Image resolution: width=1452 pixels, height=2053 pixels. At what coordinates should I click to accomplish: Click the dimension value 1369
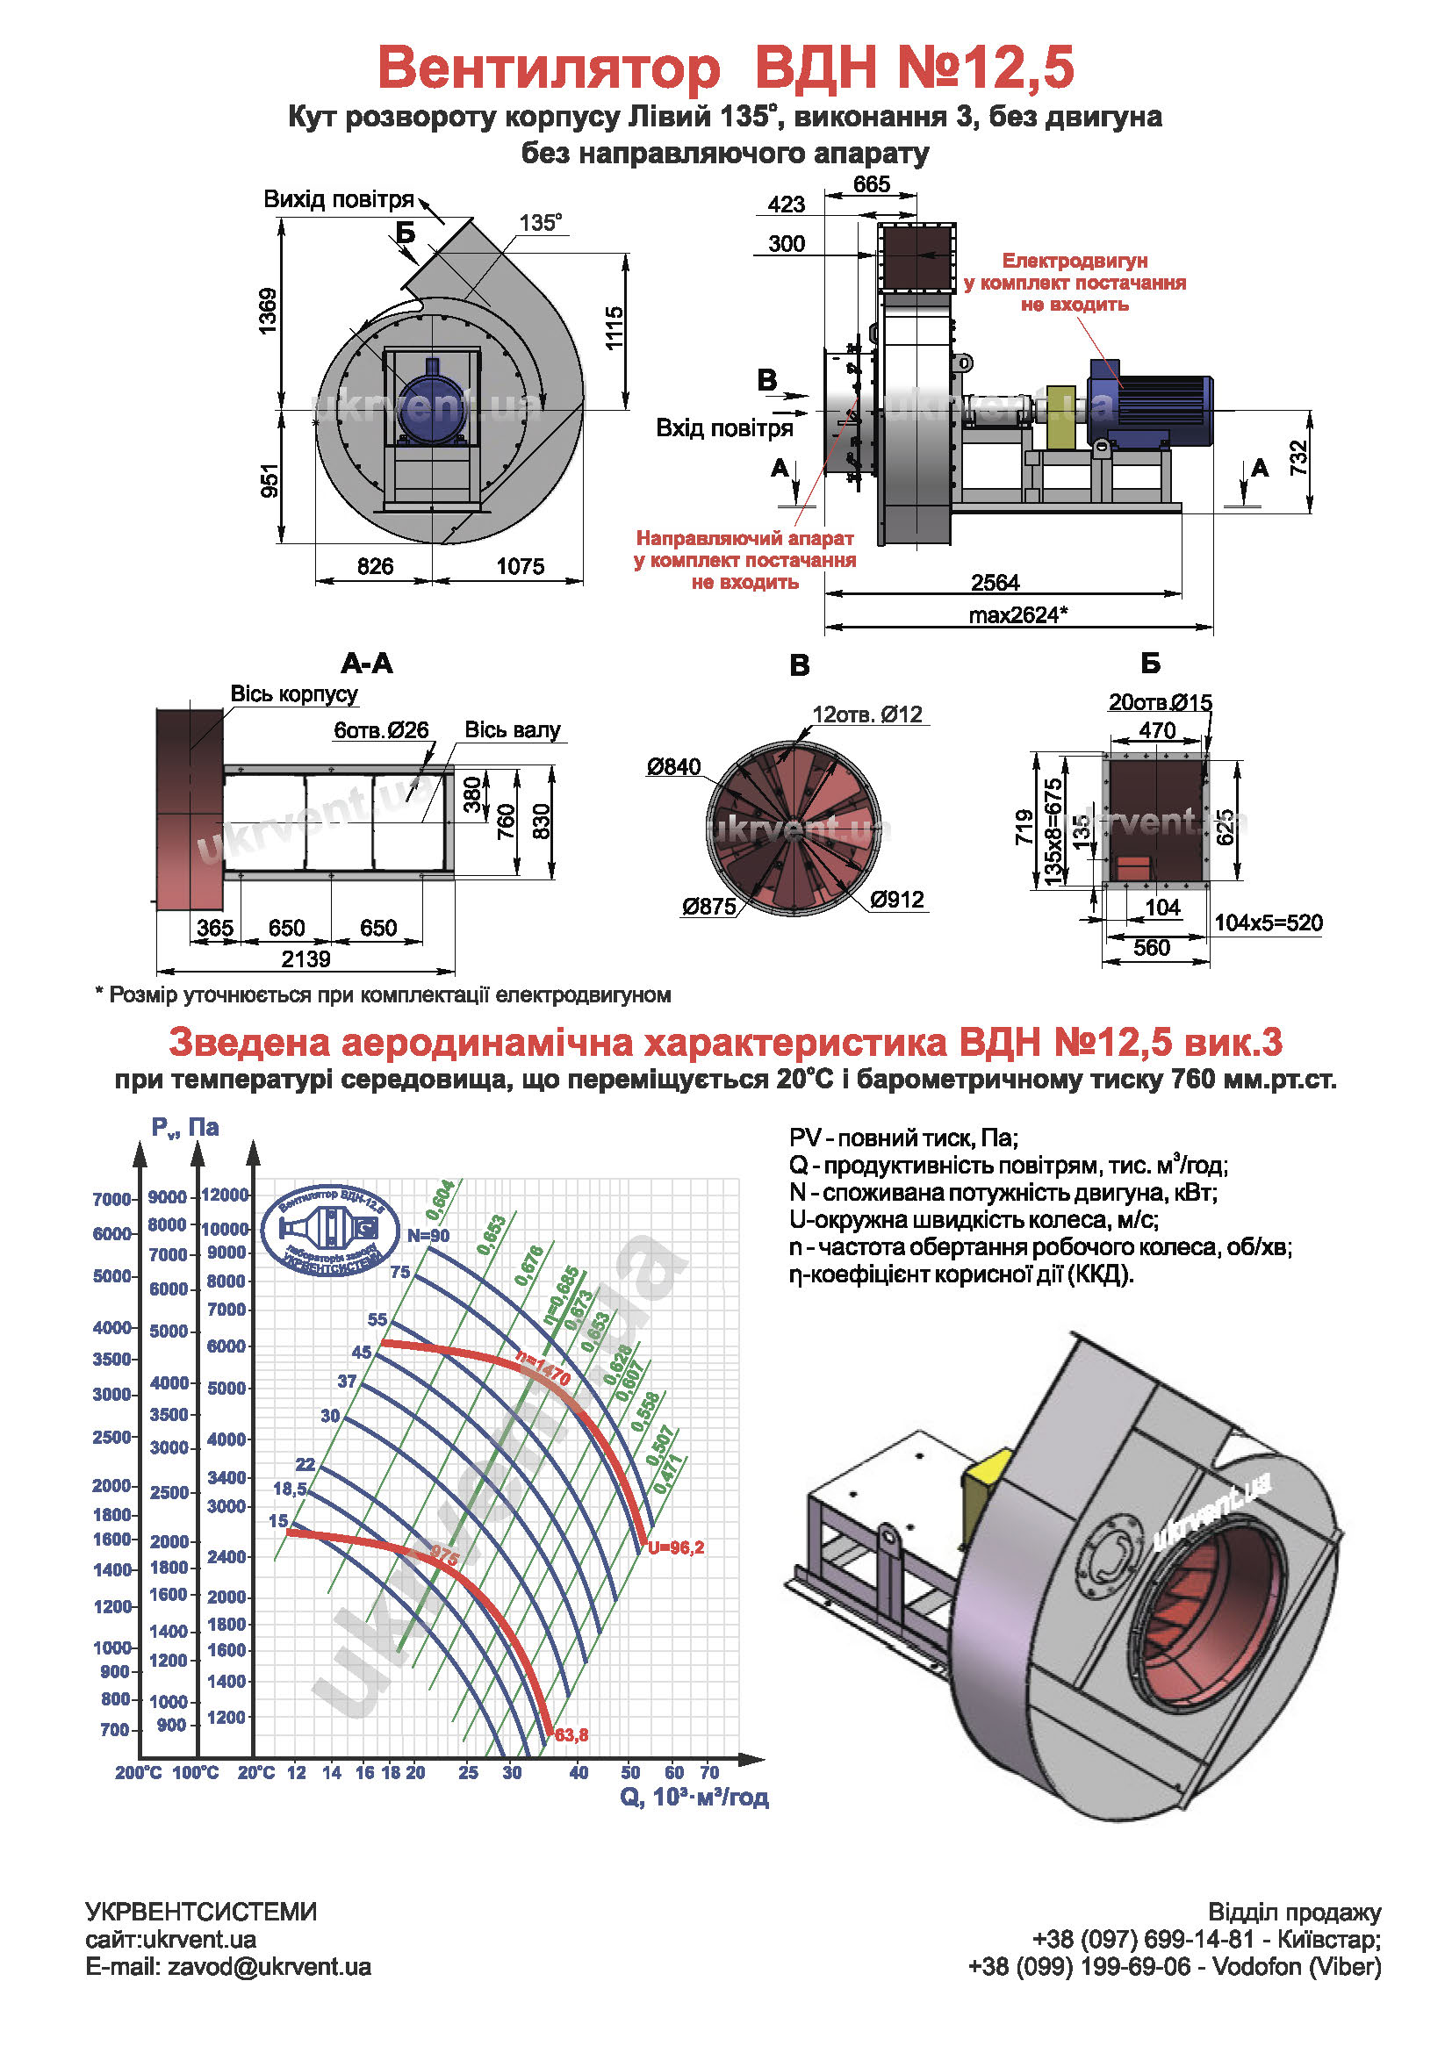click(268, 312)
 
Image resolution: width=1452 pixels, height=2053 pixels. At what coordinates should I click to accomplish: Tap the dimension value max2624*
click(1017, 615)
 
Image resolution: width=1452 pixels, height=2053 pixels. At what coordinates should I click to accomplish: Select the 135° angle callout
click(541, 223)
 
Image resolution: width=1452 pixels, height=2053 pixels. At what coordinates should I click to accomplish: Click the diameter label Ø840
click(674, 766)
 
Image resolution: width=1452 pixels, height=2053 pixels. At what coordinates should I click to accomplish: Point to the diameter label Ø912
click(897, 900)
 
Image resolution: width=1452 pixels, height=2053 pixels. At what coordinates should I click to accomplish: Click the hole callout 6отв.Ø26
click(381, 729)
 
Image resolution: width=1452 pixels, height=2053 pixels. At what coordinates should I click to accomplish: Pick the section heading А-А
click(367, 664)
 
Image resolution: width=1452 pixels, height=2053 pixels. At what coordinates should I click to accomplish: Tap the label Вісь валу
click(513, 729)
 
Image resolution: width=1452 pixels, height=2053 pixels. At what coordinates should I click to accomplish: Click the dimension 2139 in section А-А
click(305, 959)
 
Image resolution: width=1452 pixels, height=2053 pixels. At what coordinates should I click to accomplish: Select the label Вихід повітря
click(339, 199)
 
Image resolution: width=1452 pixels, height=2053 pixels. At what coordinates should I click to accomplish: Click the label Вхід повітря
click(724, 428)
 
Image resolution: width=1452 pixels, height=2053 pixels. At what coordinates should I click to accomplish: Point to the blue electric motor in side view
click(1154, 407)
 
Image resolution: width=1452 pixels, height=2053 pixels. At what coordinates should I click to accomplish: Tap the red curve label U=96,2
click(675, 1547)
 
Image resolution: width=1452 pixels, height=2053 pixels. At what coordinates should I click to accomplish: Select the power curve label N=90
click(428, 1236)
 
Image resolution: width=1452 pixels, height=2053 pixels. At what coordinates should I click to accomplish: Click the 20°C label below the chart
click(256, 1772)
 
